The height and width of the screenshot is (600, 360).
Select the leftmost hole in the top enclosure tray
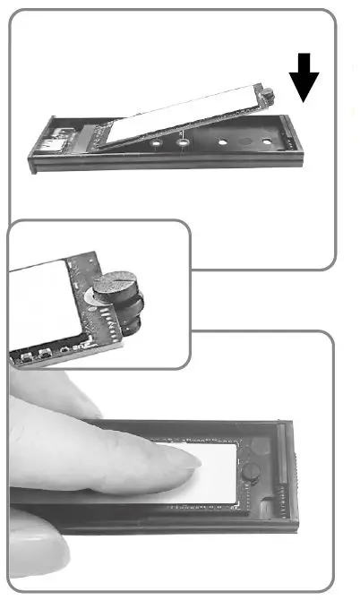coord(157,141)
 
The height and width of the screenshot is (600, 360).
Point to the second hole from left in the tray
coord(185,141)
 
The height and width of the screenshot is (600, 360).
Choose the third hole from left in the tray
coord(224,142)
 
